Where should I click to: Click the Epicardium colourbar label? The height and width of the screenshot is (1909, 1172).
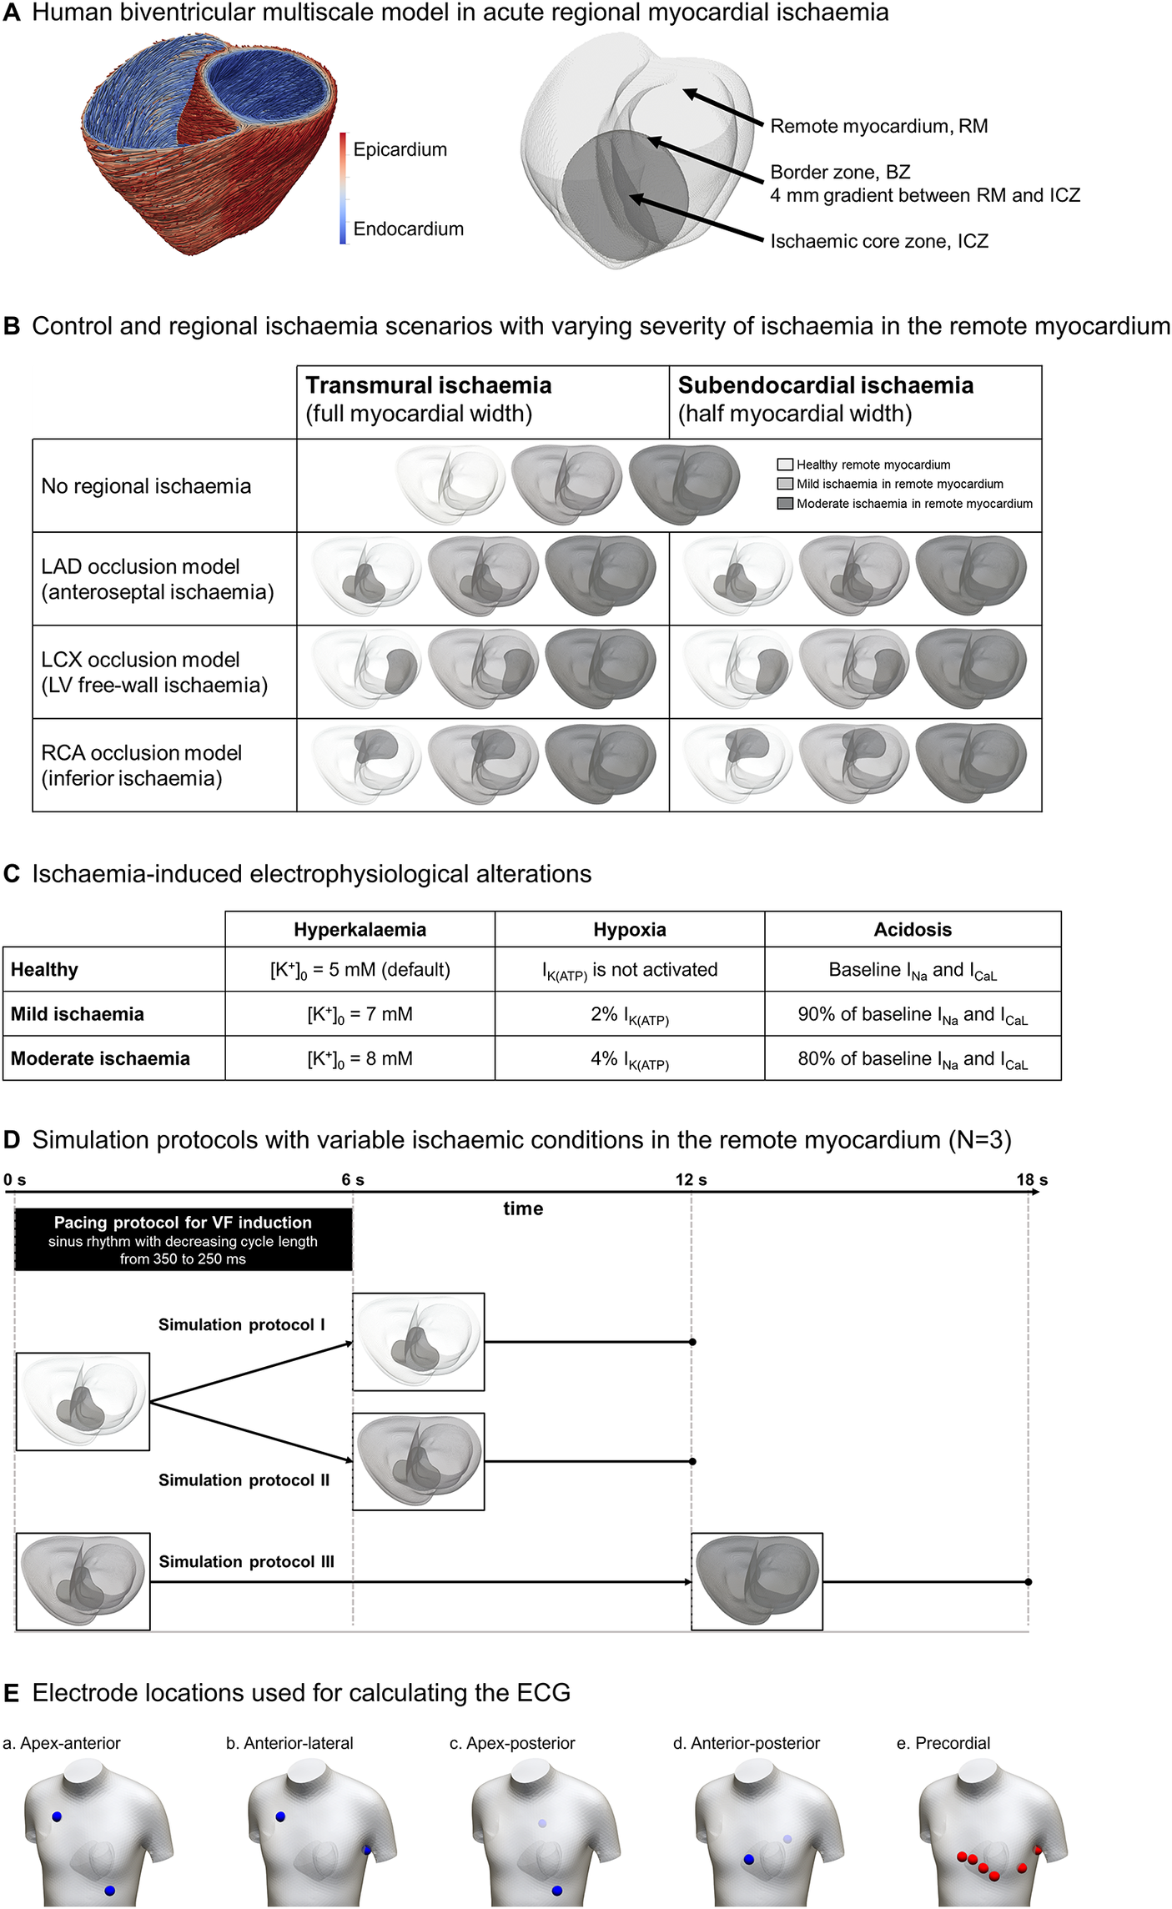pyautogui.click(x=400, y=150)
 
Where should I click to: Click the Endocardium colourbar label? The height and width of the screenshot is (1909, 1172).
pyautogui.click(x=408, y=229)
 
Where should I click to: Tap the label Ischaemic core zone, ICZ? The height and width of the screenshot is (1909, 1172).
pyautogui.click(x=879, y=242)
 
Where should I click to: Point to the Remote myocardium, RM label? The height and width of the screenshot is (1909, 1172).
pyautogui.click(x=878, y=127)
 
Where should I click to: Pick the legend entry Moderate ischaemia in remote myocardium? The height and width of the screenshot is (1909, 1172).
pyautogui.click(x=913, y=504)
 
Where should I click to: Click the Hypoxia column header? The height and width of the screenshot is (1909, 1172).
pyautogui.click(x=630, y=929)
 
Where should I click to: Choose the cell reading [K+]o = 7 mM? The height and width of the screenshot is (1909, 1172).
pyautogui.click(x=360, y=1014)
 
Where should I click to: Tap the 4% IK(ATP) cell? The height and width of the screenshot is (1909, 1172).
pyautogui.click(x=630, y=1059)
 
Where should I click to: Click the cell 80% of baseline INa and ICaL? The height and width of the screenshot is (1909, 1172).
pyautogui.click(x=913, y=1059)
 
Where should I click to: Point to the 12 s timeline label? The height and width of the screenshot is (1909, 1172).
pyautogui.click(x=691, y=1180)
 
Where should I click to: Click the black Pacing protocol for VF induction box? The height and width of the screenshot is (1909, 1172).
pyautogui.click(x=183, y=1240)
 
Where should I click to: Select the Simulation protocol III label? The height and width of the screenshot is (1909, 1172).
pyautogui.click(x=246, y=1561)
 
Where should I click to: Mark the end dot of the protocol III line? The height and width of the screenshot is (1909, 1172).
pyautogui.click(x=1028, y=1582)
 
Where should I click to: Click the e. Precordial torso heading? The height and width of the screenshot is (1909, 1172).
pyautogui.click(x=943, y=1743)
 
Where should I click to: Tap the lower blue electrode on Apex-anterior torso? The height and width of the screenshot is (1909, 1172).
pyautogui.click(x=109, y=1891)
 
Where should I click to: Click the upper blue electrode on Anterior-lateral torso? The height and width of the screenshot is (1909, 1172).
pyautogui.click(x=280, y=1816)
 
